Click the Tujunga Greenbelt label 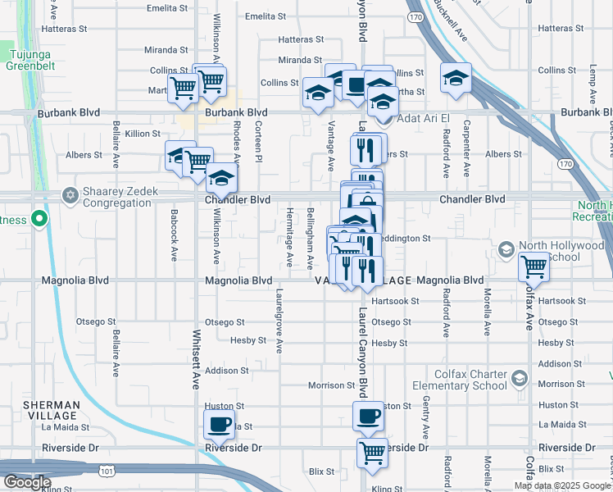pyautogui.click(x=30, y=60)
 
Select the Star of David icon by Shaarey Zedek pyautogui.click(x=70, y=195)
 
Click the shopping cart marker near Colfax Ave pyautogui.click(x=534, y=266)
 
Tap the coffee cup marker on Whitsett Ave pyautogui.click(x=220, y=424)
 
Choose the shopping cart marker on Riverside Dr pyautogui.click(x=372, y=452)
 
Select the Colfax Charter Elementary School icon pyautogui.click(x=519, y=378)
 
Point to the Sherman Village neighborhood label pyautogui.click(x=52, y=410)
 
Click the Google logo pyautogui.click(x=26, y=482)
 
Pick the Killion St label pyautogui.click(x=143, y=133)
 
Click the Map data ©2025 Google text pyautogui.click(x=561, y=485)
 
